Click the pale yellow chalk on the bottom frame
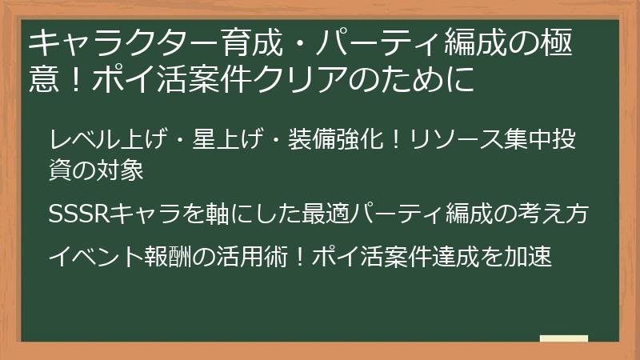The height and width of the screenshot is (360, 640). (564, 339)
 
